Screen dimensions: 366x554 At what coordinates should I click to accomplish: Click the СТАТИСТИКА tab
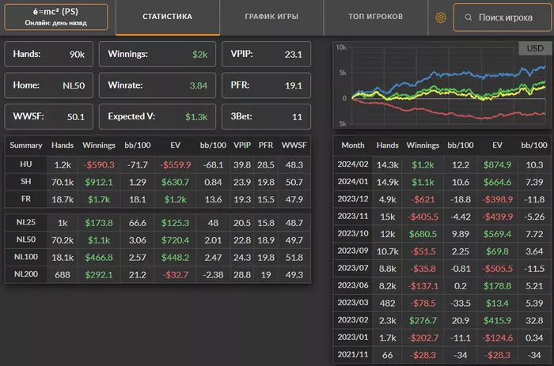167,17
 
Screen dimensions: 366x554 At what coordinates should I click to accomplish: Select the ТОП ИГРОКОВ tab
375,17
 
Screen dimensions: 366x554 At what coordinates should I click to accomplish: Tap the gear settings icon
442,17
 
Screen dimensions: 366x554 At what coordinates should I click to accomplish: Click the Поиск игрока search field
499,17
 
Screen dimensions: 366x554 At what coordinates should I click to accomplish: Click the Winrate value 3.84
196,85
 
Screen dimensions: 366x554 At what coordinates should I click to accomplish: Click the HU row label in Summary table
26,164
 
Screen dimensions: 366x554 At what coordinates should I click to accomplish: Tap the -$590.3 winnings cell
99,164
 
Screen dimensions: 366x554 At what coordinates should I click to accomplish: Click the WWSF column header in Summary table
294,145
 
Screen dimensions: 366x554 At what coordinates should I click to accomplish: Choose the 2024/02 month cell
352,164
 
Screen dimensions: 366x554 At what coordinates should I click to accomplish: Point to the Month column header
352,145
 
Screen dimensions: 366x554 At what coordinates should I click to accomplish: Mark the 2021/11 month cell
352,355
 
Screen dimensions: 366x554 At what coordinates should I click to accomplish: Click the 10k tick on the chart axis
341,47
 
